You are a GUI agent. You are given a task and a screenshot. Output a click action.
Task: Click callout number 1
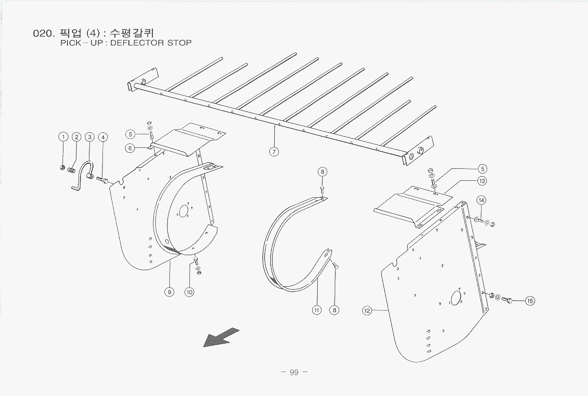(x=63, y=137)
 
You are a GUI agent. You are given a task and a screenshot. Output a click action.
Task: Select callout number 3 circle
(x=89, y=137)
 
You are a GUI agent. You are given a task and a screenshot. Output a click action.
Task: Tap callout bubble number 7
(x=274, y=152)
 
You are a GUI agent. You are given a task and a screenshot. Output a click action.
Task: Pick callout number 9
(x=169, y=292)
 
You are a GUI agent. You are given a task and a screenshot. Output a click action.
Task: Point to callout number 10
(x=189, y=292)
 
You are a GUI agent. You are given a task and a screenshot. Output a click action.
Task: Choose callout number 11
(x=317, y=310)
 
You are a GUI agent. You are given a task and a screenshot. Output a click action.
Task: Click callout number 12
(x=367, y=311)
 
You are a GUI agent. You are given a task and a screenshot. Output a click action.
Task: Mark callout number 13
(x=482, y=181)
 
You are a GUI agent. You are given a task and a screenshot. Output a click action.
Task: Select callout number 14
(x=481, y=200)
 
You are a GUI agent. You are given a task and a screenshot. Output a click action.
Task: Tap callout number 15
(x=530, y=301)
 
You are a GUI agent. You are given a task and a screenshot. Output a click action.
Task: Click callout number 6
(x=130, y=148)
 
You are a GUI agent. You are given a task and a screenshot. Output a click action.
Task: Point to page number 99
(x=294, y=372)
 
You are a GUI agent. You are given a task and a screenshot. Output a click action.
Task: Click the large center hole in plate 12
(x=456, y=298)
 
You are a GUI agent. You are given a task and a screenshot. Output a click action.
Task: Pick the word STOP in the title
(x=179, y=43)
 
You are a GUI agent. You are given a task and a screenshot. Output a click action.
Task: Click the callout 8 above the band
(x=322, y=172)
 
